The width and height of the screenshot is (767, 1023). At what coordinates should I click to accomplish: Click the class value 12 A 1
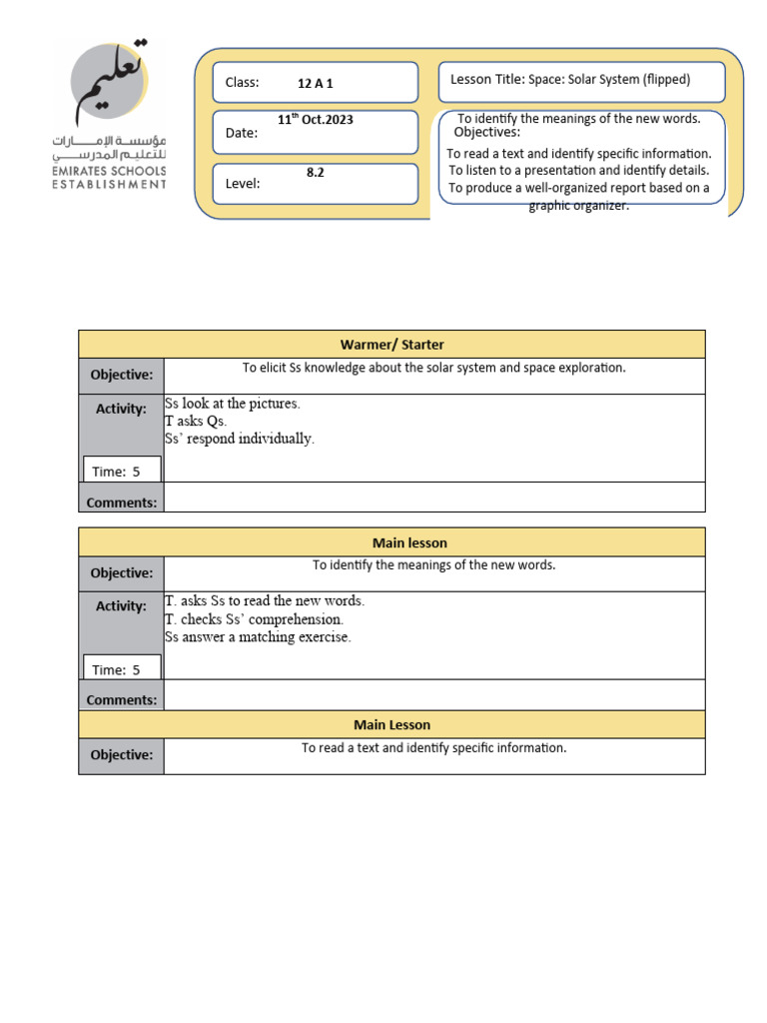[315, 84]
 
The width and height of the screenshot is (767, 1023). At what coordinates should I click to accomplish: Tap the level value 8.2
[315, 173]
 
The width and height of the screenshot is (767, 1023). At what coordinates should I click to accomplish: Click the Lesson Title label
[487, 80]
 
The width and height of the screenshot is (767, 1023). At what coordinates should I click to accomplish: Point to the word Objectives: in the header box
[486, 133]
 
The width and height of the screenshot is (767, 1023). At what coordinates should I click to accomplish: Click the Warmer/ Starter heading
[391, 345]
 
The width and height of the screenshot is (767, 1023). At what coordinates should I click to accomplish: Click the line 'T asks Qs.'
[196, 422]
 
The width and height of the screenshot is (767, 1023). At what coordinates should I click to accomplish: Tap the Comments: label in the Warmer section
[121, 503]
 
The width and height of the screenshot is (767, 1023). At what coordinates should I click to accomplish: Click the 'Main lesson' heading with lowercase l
[409, 542]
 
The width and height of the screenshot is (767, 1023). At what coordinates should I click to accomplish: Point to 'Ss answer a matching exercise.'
[258, 637]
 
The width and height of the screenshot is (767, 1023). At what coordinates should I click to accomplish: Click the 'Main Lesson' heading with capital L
[391, 724]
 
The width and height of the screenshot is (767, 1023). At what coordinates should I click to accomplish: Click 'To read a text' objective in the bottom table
[433, 748]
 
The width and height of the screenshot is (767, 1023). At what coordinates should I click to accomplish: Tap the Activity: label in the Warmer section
[121, 409]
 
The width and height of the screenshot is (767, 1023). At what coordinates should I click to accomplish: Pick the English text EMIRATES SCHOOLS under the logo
[110, 171]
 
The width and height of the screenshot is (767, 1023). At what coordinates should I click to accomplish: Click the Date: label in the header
[242, 133]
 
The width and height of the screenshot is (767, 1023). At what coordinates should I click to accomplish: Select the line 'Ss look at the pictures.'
[232, 405]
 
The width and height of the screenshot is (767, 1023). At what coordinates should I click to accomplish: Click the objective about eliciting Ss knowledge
[433, 368]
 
